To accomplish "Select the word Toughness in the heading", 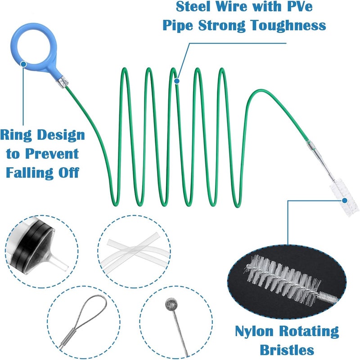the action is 288,25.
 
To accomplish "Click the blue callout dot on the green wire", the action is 176,81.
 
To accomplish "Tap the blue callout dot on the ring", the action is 23,64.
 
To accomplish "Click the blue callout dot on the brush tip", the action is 344,200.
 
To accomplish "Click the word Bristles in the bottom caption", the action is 287,350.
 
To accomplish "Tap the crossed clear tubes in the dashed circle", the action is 135,250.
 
